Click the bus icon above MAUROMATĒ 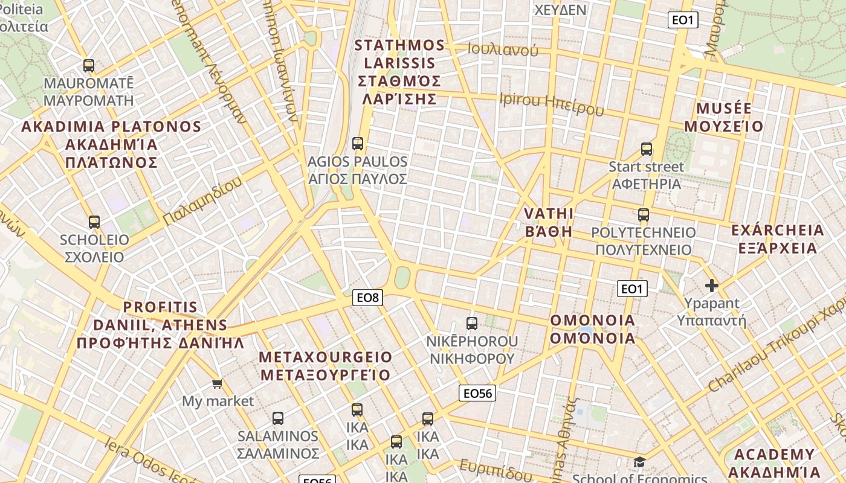click(89, 66)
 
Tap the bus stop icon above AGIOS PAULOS click(357, 144)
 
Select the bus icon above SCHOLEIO click(94, 222)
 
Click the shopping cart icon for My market click(218, 383)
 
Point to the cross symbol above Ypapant click(712, 286)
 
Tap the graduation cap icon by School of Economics click(639, 462)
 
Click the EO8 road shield click(367, 297)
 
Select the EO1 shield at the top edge click(683, 20)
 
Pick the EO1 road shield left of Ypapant click(631, 289)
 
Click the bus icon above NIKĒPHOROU click(472, 324)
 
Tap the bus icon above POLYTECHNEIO click(643, 215)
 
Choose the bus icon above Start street click(647, 149)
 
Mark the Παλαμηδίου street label click(202, 202)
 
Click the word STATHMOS click(399, 45)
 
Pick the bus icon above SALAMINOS click(277, 418)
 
